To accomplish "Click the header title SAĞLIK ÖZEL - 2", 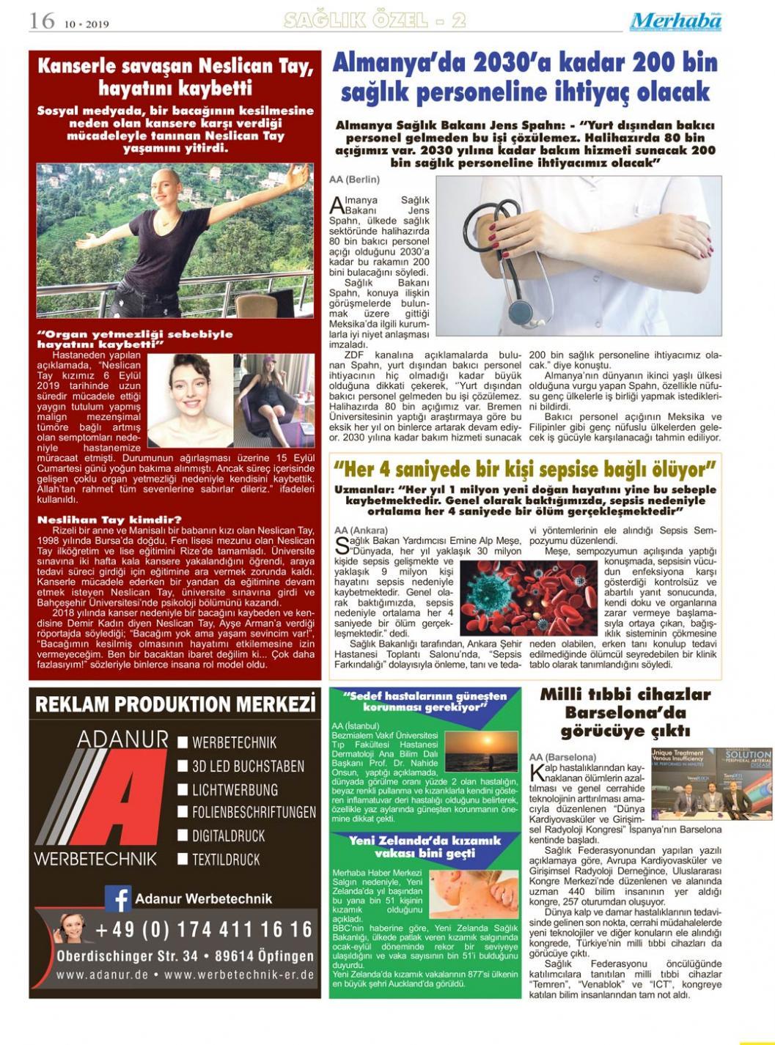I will [x=375, y=21].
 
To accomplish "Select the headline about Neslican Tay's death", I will [x=175, y=77].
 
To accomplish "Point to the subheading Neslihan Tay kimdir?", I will [x=110, y=520].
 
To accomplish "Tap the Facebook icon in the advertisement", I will [x=118, y=898].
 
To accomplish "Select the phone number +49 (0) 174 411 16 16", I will [x=204, y=930].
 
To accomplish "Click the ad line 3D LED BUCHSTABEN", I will [x=248, y=767].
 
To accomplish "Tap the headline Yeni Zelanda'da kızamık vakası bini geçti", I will [x=425, y=846].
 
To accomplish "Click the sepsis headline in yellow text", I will [x=524, y=468].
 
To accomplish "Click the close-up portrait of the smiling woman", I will [x=191, y=399].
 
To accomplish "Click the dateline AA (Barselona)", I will [x=562, y=756].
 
